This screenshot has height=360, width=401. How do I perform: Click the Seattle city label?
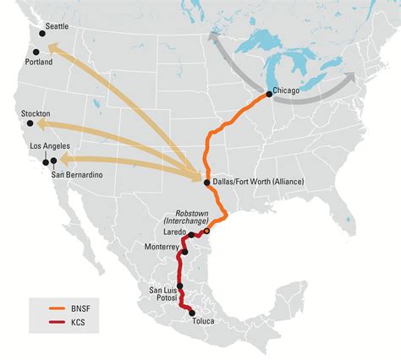[x=55, y=27]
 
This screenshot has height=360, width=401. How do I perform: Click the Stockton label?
[x=36, y=113]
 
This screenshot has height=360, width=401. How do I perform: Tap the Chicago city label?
[x=288, y=90]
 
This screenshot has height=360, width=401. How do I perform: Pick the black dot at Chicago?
[x=269, y=93]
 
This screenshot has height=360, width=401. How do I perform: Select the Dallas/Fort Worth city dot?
[x=206, y=182]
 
